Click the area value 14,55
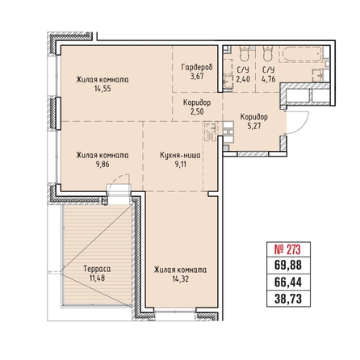point(103,89)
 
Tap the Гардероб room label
point(197,67)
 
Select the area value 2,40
point(243,79)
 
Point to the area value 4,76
point(269,79)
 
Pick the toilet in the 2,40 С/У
point(245,53)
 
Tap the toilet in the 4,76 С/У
point(268,53)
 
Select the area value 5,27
point(254,126)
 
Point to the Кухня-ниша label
point(180,155)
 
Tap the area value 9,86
point(103,164)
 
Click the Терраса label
point(97,269)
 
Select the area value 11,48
point(97,278)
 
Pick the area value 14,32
point(181,278)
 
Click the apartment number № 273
point(287,249)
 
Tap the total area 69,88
point(288,266)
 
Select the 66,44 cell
point(288,283)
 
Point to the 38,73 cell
point(288,299)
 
